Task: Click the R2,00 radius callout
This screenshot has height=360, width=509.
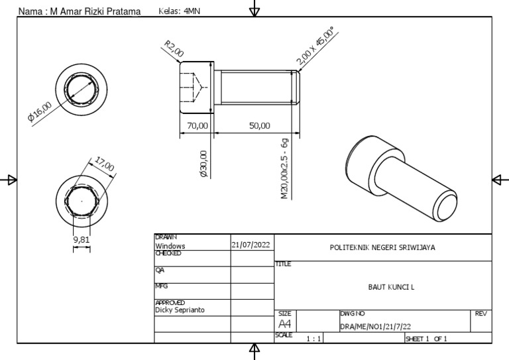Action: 174,48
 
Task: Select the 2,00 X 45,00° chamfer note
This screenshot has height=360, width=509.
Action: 316,46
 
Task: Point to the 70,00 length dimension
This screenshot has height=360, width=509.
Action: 198,125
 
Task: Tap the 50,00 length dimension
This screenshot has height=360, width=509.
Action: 259,125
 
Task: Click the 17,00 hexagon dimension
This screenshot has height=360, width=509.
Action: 105,162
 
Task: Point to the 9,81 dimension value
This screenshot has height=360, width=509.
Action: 81,239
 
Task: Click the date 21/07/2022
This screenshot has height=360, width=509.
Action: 251,245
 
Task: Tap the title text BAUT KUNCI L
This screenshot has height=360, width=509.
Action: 391,287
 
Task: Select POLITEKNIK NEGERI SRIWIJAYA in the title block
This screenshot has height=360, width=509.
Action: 382,248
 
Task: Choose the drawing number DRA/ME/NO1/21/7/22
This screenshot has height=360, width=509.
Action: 376,326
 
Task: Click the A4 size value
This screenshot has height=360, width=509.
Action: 285,324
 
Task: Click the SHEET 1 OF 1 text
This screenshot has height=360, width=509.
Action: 426,339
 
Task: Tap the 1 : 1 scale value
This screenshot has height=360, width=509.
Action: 313,339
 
